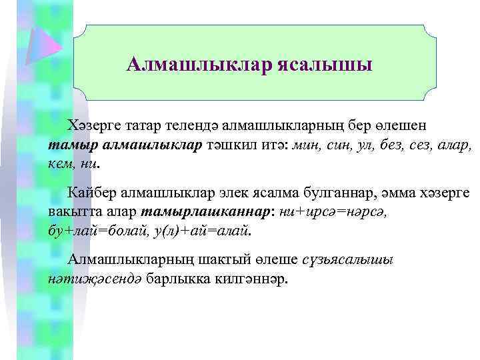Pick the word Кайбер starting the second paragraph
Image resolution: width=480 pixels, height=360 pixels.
[92, 193]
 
